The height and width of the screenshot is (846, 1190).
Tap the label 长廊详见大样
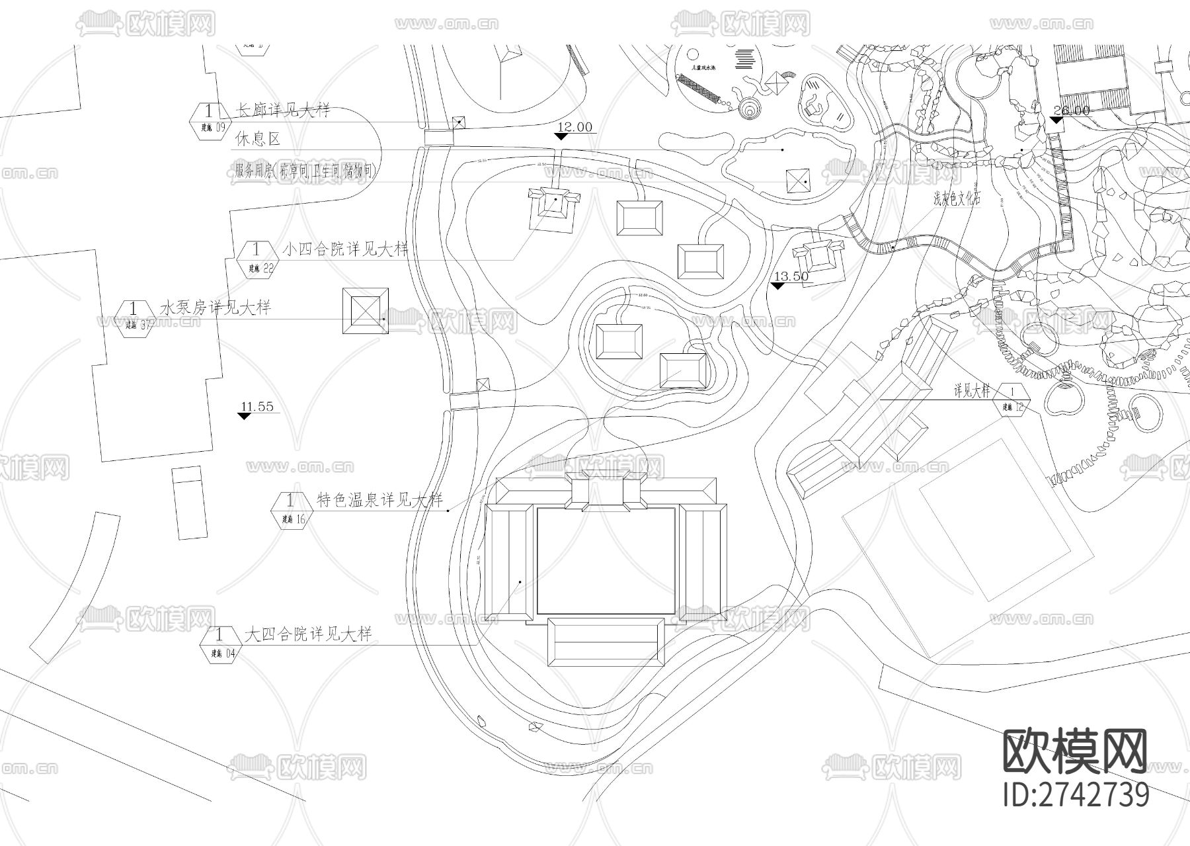click(283, 110)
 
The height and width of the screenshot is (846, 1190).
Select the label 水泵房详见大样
click(216, 308)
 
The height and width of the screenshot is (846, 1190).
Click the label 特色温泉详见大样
click(379, 499)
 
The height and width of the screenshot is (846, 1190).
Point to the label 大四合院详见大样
click(308, 634)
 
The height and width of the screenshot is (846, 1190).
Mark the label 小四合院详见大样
click(345, 249)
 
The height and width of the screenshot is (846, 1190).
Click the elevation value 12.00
click(575, 127)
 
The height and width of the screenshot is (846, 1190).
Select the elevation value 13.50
click(791, 276)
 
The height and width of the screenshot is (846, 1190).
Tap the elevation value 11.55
click(257, 407)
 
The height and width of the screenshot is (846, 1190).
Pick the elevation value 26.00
click(1070, 110)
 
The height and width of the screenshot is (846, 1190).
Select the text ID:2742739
click(1076, 794)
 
